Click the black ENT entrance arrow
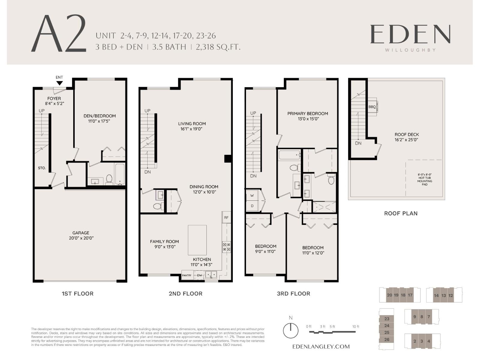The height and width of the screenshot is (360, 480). click(x=59, y=83)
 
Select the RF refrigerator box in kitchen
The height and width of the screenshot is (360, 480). click(x=226, y=217)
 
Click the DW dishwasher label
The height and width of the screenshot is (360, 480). click(x=199, y=275)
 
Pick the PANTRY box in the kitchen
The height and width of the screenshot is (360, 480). click(x=187, y=275)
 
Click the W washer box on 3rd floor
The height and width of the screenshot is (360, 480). click(x=252, y=196)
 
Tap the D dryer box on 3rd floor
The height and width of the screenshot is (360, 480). click(x=252, y=206)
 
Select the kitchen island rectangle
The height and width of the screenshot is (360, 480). click(x=197, y=240)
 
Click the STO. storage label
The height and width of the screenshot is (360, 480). click(x=42, y=168)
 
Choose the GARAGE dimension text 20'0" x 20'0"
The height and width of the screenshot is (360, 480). click(x=81, y=238)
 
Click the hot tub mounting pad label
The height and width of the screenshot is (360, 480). click(x=424, y=179)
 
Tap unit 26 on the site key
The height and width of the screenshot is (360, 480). click(x=387, y=340)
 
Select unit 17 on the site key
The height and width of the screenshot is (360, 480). click(x=410, y=295)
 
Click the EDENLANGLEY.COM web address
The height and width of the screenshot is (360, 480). click(x=321, y=346)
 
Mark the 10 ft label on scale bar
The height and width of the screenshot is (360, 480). click(x=355, y=327)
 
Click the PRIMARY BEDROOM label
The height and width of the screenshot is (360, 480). click(x=307, y=113)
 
